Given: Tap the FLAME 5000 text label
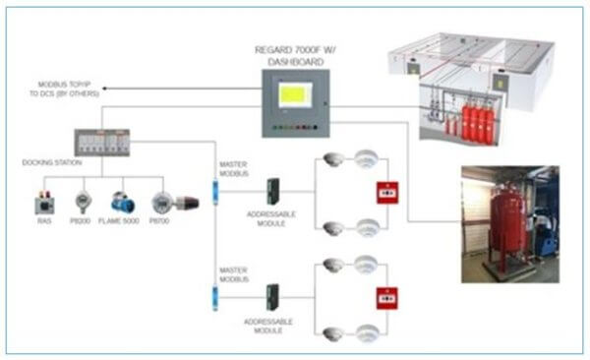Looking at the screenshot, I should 122,222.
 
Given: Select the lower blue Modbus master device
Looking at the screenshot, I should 215,292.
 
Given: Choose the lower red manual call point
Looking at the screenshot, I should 384,296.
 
